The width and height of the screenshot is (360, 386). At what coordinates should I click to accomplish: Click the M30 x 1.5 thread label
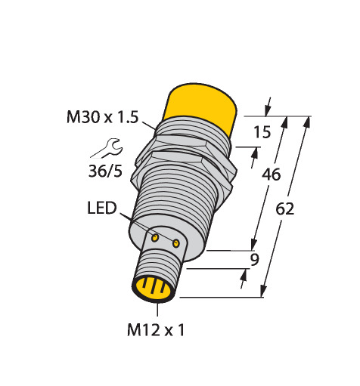tap(102, 117)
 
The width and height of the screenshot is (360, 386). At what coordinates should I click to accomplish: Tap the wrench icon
tap(107, 148)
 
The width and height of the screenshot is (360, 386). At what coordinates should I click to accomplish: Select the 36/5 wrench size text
tap(105, 171)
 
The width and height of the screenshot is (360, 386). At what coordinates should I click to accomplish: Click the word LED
tap(102, 208)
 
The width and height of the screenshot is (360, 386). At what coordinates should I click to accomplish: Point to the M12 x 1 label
tap(156, 330)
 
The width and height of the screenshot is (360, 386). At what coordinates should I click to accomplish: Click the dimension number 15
tap(262, 132)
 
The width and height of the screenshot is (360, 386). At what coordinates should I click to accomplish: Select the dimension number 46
tap(271, 174)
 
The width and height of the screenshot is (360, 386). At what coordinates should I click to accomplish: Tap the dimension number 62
tap(284, 209)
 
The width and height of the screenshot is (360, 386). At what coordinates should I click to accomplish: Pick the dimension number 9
tap(255, 260)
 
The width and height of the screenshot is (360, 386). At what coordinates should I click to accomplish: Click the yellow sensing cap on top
tap(202, 106)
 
